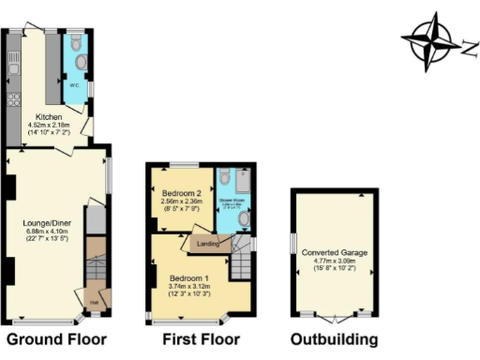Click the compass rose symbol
pos(432,40)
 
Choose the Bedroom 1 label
pos(188,279)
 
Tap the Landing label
pos(207,244)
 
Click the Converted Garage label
pos(334,252)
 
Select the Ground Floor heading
pos(56,339)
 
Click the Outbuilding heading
pos(335,339)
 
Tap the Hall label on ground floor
pos(95,301)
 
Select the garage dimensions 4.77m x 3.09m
pos(334,262)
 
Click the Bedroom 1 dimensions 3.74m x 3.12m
pos(188,288)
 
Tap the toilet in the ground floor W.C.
pos(81,64)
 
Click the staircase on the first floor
pos(243,262)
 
